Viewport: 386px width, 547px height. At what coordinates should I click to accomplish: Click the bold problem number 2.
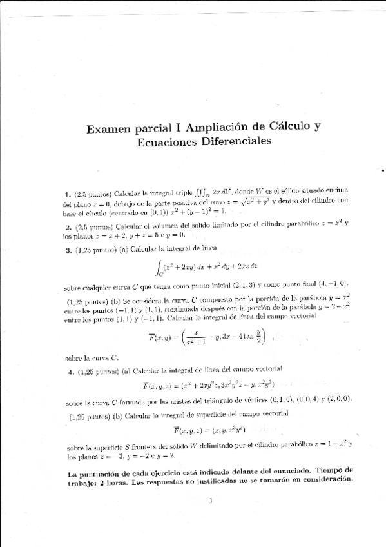tap(68, 226)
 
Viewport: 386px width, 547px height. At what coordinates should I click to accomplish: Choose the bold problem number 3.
tap(68, 249)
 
